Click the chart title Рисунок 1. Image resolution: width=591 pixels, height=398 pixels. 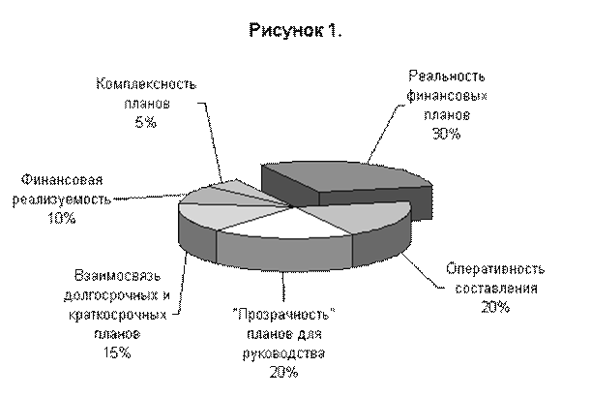(296, 30)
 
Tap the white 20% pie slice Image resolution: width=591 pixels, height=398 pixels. (287, 224)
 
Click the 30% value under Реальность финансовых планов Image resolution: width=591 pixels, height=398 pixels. (446, 134)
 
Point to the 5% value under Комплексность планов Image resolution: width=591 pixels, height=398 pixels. (145, 122)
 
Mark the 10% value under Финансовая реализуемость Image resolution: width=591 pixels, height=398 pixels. (62, 218)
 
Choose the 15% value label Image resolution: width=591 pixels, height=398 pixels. (117, 352)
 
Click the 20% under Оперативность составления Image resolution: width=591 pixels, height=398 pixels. (495, 307)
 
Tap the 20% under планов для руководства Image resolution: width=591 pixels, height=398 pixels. (283, 372)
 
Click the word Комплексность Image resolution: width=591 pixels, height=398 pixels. (146, 83)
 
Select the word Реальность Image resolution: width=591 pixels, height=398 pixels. (447, 76)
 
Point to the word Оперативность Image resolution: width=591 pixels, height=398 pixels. (495, 268)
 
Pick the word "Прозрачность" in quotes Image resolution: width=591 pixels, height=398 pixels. (283, 314)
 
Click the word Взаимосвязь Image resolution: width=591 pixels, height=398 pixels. (117, 275)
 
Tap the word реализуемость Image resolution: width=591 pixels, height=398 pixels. (62, 199)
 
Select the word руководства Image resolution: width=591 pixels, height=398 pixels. (283, 353)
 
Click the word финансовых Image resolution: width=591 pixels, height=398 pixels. (447, 96)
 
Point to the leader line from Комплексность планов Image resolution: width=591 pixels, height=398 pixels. (212, 141)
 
